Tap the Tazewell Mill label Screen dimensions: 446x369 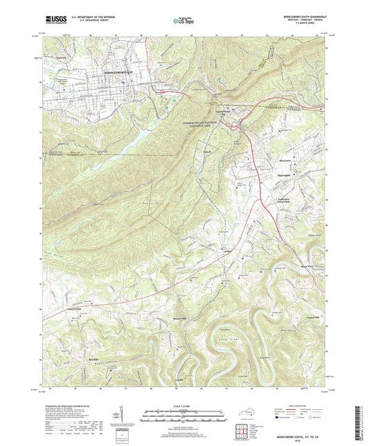point(313,318)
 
